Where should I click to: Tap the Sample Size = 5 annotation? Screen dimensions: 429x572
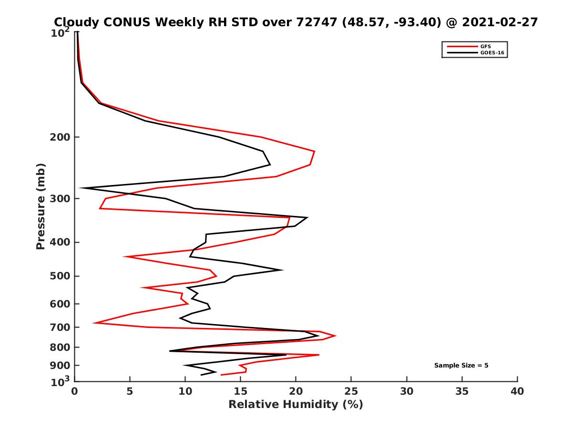(x=461, y=366)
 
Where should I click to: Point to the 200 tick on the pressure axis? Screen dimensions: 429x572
(x=61, y=137)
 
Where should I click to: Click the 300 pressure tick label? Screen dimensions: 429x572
(x=61, y=198)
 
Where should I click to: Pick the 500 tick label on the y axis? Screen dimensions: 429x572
(x=61, y=276)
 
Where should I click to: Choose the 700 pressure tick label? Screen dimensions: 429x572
(x=61, y=327)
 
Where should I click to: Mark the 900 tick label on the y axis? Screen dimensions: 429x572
(x=61, y=366)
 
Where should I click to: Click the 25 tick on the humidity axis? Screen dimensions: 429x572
(x=351, y=392)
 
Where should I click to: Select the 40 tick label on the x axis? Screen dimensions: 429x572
(x=517, y=392)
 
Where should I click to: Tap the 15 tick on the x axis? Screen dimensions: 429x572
(x=241, y=392)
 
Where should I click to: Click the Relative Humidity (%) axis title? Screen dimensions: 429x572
(x=296, y=405)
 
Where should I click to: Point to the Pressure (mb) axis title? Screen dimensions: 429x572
(x=41, y=206)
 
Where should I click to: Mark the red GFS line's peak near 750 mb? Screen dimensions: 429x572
(x=336, y=336)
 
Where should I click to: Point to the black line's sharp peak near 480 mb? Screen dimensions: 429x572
(x=283, y=270)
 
